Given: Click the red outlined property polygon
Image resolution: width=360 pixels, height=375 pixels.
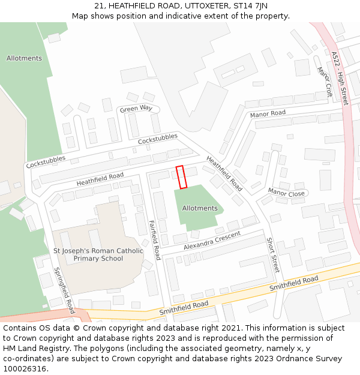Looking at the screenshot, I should pyautogui.click(x=182, y=177).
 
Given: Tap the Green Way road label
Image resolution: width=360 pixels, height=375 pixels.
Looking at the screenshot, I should pyautogui.click(x=136, y=109).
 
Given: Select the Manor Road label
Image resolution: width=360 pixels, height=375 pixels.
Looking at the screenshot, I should pyautogui.click(x=268, y=114).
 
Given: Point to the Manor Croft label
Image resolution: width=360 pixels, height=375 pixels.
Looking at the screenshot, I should pyautogui.click(x=325, y=82).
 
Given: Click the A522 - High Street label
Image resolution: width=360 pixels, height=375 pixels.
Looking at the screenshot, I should pyautogui.click(x=340, y=79).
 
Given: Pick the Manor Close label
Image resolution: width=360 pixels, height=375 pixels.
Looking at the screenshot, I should pyautogui.click(x=287, y=193).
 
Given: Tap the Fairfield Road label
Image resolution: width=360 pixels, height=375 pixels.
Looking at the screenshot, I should pyautogui.click(x=154, y=239).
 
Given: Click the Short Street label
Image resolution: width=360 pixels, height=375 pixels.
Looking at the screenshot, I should pyautogui.click(x=273, y=255).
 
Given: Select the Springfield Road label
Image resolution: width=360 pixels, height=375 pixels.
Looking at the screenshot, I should pyautogui.click(x=64, y=290).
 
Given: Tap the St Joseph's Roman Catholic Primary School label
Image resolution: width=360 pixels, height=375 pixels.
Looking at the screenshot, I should pyautogui.click(x=98, y=254).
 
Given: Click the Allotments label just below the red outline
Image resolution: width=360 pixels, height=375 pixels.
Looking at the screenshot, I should pyautogui.click(x=199, y=208).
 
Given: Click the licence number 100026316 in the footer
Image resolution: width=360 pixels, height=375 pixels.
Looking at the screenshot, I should pyautogui.click(x=24, y=368).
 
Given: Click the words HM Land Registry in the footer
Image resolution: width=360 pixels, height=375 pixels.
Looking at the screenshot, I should pyautogui.click(x=31, y=348).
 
